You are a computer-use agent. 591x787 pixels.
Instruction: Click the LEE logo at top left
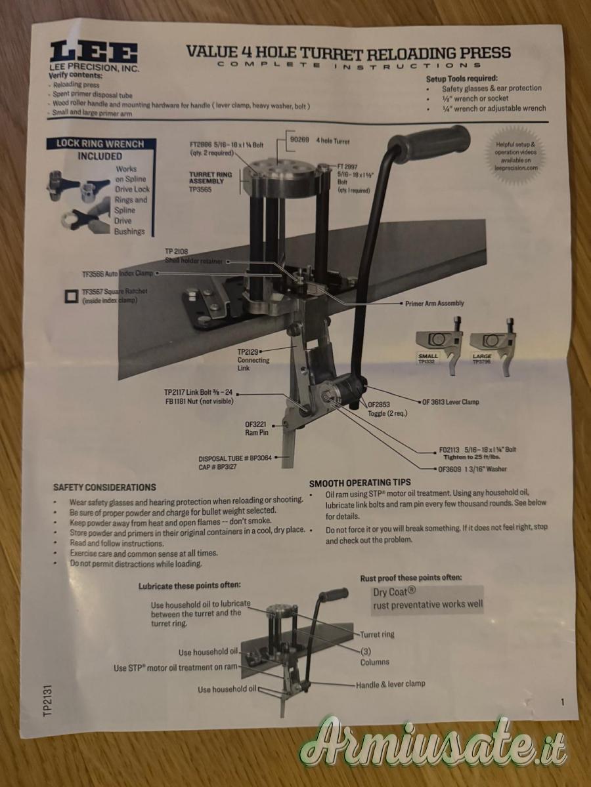[x=94, y=52]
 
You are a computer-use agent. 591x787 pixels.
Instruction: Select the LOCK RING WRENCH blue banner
[x=100, y=144]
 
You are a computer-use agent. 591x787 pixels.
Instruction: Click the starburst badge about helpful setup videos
[x=515, y=156]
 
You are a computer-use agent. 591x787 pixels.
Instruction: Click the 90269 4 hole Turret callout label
[x=319, y=141]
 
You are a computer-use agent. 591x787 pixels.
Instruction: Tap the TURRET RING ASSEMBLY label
[x=211, y=182]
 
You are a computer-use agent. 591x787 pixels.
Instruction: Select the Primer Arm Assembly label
[x=434, y=304]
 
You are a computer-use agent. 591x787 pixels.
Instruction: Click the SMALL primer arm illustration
[x=438, y=345]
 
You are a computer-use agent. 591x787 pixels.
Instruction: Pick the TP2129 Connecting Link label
[x=253, y=359]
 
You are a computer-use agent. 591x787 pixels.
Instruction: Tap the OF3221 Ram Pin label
[x=257, y=428]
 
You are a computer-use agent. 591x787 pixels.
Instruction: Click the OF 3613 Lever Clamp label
[x=450, y=402]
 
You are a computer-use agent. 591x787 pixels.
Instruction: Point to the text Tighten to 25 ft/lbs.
[x=472, y=457]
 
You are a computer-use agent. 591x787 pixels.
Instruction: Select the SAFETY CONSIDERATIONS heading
[x=104, y=487]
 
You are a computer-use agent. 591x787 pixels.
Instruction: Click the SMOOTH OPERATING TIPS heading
[x=360, y=483]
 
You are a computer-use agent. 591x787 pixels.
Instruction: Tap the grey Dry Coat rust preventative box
[x=427, y=601]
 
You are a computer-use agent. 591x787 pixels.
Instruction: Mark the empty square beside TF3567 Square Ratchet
[x=72, y=296]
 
